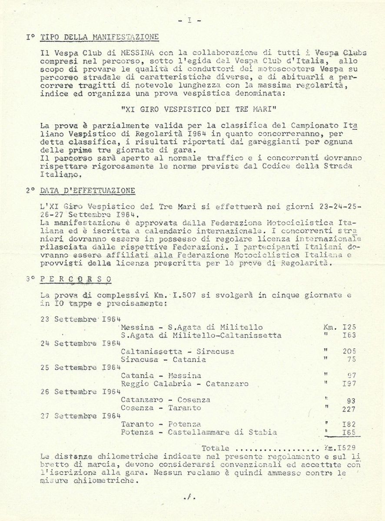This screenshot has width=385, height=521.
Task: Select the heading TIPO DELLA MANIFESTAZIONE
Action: click(x=99, y=37)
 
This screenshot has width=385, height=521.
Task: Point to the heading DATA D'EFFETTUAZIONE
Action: click(x=87, y=191)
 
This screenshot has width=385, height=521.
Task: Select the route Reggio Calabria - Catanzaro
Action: click(x=185, y=384)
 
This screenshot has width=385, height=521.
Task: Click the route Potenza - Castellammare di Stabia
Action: click(x=199, y=432)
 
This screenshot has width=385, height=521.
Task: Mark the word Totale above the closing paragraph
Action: click(x=215, y=448)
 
